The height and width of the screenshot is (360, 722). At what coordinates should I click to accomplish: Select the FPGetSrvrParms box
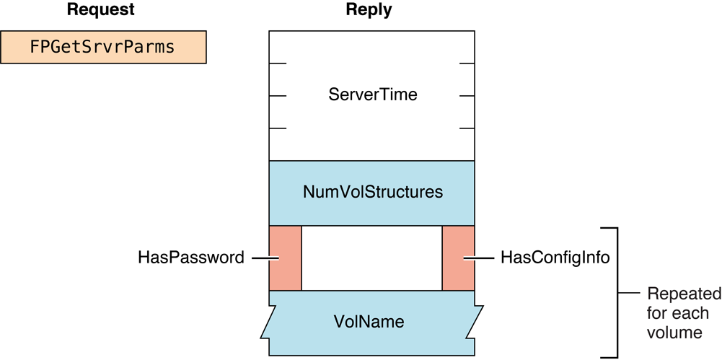pos(102,47)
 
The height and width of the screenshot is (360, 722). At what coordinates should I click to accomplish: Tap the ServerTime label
pos(372,95)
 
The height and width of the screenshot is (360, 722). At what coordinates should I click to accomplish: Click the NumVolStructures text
pos(372,193)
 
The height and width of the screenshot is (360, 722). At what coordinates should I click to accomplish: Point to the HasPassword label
pos(191,258)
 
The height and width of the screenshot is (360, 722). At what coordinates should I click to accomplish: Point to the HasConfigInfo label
pos(555,258)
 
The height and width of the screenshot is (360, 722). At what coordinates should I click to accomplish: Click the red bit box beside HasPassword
pos(285,258)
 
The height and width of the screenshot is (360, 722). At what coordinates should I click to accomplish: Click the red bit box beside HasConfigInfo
pos(458,258)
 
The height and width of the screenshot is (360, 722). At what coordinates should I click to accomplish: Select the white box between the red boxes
pos(371,258)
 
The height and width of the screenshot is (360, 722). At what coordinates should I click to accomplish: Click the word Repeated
pos(683,294)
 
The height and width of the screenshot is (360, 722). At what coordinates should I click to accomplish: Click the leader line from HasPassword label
pos(260,258)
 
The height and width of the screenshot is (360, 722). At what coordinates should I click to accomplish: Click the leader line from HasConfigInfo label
pos(480,258)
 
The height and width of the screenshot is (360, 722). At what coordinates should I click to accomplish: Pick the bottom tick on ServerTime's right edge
pos(467,128)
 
